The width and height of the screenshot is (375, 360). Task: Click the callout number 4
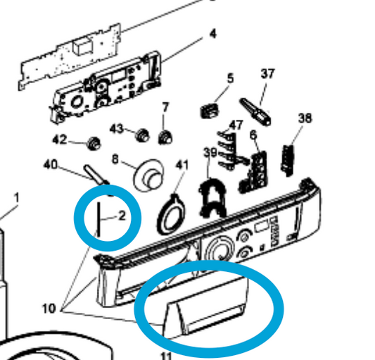click(212, 34)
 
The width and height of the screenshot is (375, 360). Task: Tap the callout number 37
click(267, 73)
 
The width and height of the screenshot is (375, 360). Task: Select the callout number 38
click(305, 118)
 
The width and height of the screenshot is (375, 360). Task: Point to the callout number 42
click(60, 139)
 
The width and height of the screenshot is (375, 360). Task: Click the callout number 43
click(117, 129)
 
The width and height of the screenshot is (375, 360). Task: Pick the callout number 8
click(115, 159)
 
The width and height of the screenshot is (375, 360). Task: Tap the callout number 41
click(182, 165)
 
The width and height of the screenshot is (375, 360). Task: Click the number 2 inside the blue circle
click(122, 216)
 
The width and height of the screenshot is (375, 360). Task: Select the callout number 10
click(49, 309)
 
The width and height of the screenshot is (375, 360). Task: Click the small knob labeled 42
click(94, 144)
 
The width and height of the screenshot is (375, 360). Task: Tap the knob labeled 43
click(143, 135)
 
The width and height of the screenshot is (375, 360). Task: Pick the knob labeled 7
click(165, 137)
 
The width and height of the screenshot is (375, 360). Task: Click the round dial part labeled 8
click(148, 175)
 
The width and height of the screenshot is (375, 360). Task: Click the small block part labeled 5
click(209, 111)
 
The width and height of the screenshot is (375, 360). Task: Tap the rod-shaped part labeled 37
click(255, 112)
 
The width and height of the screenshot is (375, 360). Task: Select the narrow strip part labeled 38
click(288, 160)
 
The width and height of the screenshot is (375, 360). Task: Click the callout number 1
click(16, 198)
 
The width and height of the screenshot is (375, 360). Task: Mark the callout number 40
click(51, 164)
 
